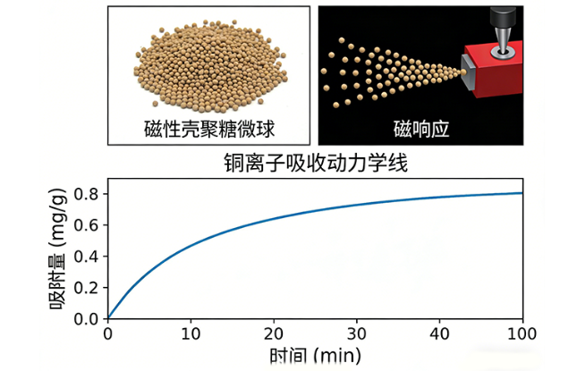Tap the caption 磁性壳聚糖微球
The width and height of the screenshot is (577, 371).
click(208, 129)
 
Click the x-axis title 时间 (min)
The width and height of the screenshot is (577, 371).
click(314, 357)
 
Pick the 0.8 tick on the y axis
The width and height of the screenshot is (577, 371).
click(88, 193)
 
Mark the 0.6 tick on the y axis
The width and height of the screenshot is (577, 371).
click(88, 224)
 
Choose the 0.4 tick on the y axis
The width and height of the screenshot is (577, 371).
click(88, 256)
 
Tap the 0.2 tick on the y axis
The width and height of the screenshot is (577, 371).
click(88, 287)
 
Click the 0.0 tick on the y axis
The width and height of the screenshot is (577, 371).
click(88, 318)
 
